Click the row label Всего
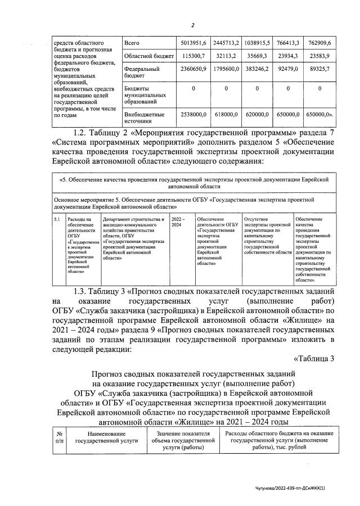133,43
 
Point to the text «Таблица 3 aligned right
314,359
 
